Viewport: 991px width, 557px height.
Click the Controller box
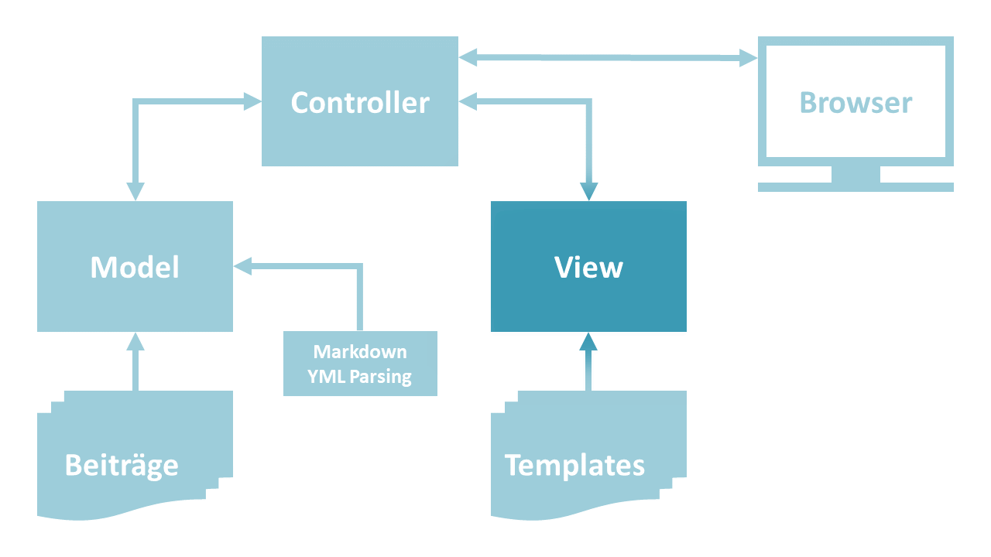359,102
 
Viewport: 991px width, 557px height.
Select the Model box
135,267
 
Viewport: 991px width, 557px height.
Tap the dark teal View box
588,267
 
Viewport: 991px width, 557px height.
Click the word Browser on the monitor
856,103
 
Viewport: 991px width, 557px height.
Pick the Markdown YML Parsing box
360,364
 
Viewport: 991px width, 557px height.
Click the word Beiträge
122,466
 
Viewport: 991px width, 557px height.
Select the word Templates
574,466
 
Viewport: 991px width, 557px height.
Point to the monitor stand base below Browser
856,186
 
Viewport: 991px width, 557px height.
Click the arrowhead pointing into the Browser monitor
747,57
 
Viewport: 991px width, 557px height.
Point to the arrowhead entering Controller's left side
252,100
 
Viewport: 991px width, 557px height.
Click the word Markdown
360,352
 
